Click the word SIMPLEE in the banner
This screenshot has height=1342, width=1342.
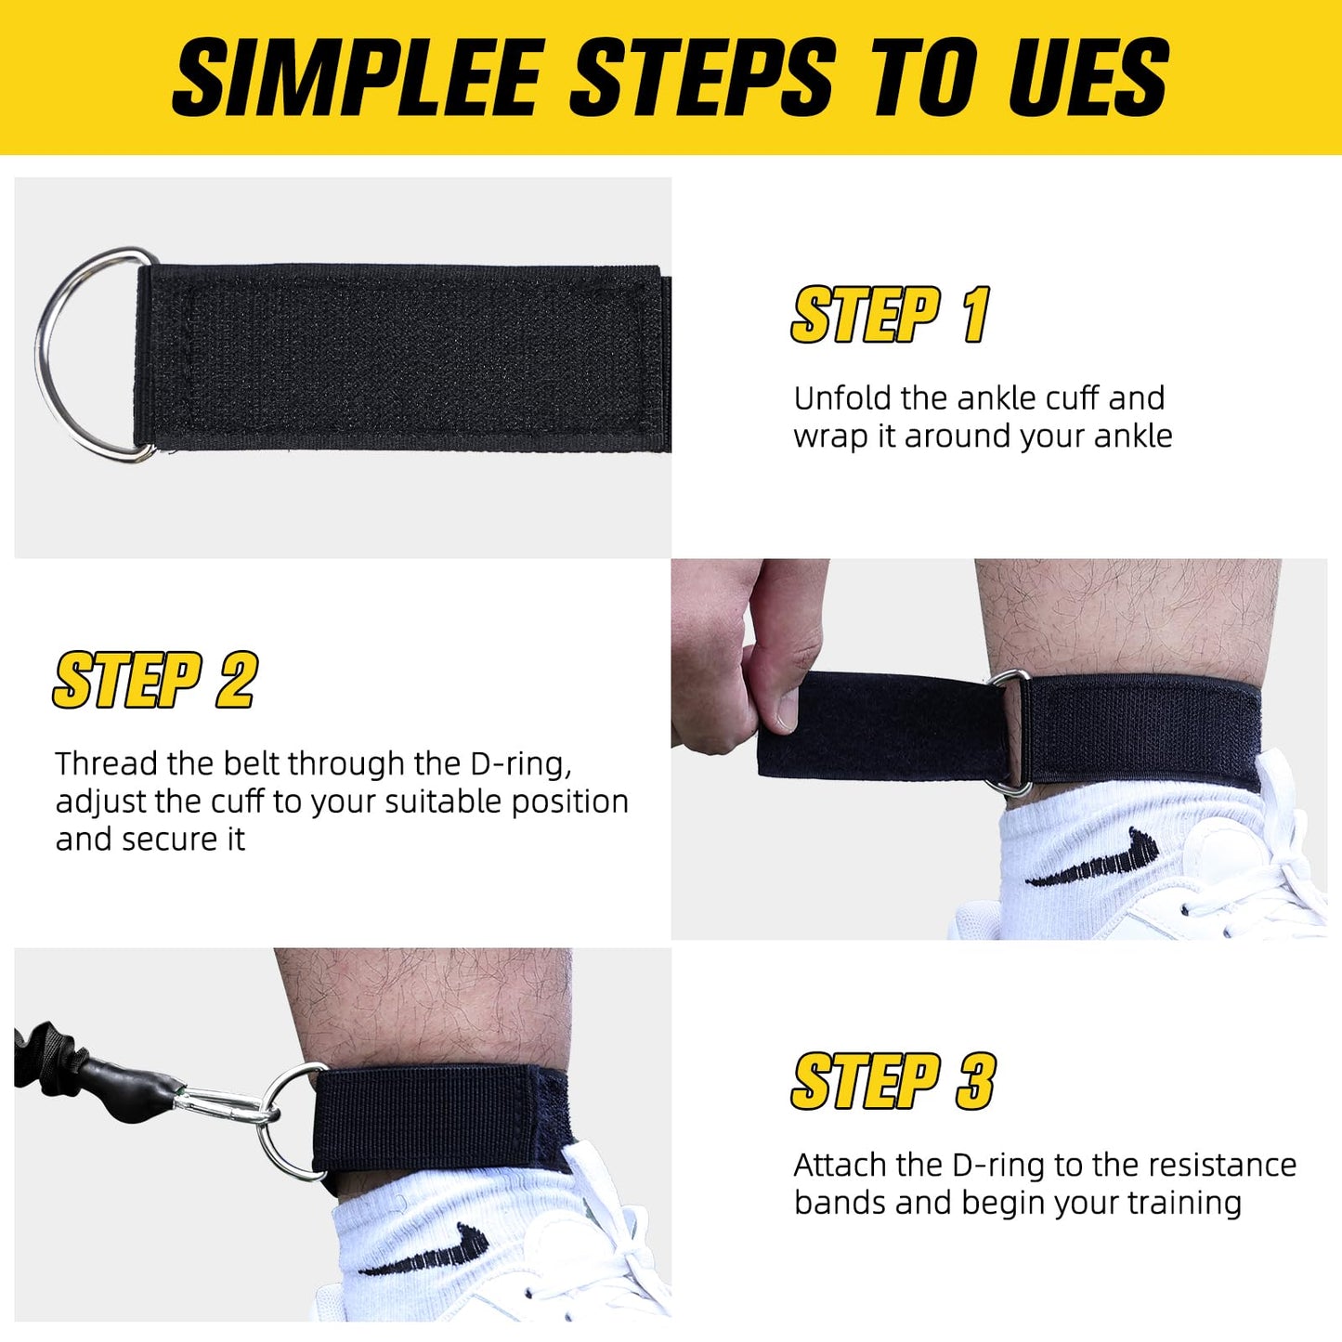358,78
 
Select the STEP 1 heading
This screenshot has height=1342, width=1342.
890,315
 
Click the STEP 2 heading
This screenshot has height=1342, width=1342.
154,681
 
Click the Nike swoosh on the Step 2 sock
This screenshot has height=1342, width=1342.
1096,858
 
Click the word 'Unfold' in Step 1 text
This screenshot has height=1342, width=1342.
843,398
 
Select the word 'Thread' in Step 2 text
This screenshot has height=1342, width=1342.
107,763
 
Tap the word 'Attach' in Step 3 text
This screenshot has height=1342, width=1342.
841,1165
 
